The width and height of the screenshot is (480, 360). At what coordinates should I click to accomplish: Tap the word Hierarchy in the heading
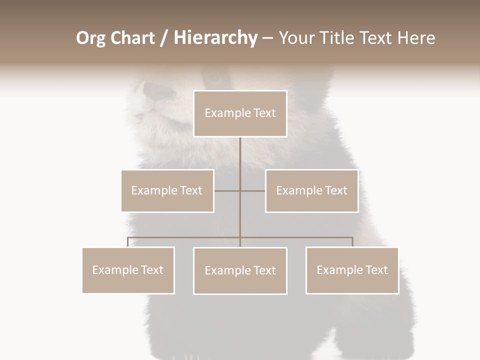click(x=215, y=38)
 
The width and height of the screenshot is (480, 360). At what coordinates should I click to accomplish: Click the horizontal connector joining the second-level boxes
click(x=252, y=190)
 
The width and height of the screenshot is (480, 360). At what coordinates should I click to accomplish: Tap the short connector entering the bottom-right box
click(x=352, y=242)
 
